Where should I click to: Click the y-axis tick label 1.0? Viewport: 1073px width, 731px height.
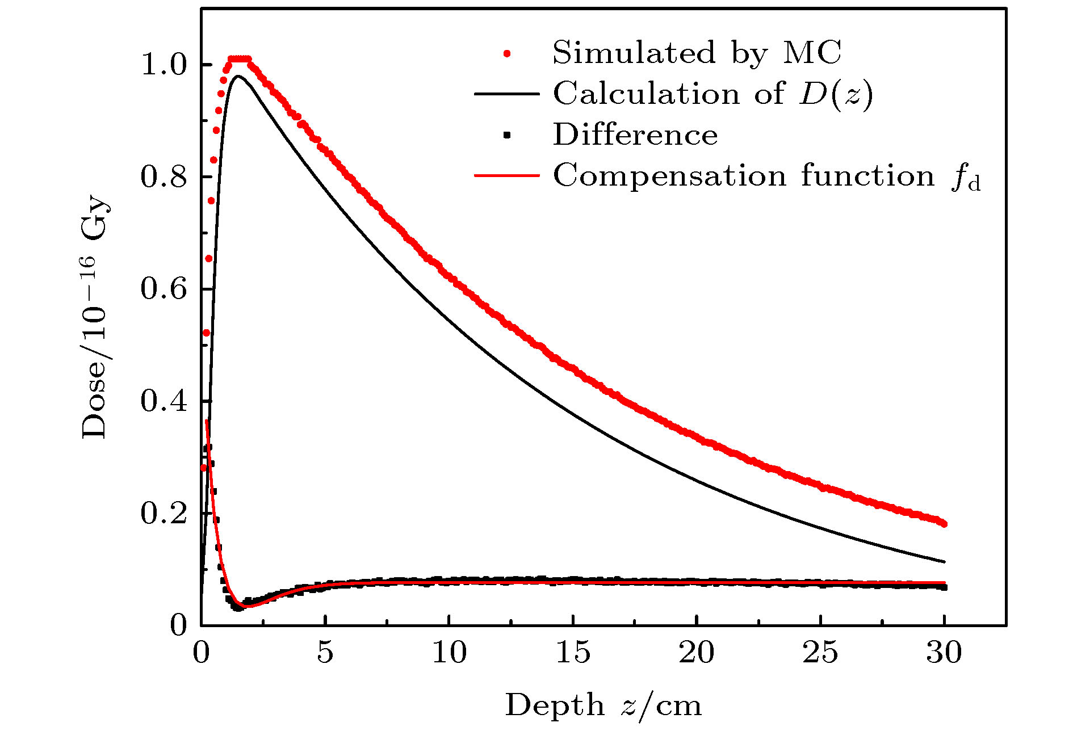tap(164, 65)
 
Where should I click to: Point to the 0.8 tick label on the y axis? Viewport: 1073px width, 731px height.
tap(164, 177)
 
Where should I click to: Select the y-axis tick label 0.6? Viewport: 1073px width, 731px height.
tap(164, 289)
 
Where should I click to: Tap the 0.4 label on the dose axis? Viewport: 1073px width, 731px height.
tap(164, 401)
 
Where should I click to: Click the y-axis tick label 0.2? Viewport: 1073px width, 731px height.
tap(164, 514)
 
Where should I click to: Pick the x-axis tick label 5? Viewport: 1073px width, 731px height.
tap(325, 653)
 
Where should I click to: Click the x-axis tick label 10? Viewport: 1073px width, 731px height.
tap(449, 653)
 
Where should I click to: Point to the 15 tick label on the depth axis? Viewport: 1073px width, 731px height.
tap(572, 653)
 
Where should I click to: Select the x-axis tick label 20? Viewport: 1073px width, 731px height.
tap(696, 653)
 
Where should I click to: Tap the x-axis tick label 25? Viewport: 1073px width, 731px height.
tap(820, 653)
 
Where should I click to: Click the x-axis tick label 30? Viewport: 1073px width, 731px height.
tap(944, 653)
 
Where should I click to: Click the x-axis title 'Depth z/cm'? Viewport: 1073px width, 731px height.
tap(603, 706)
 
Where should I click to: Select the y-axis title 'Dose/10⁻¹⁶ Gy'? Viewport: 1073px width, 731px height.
tap(95, 318)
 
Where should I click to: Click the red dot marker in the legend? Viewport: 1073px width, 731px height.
tap(507, 53)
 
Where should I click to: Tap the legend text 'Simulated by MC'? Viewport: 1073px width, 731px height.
tap(697, 53)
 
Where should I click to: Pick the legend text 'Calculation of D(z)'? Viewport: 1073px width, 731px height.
tap(712, 94)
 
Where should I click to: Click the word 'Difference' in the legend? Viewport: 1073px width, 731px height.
tap(635, 135)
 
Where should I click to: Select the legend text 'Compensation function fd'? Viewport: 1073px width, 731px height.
tap(766, 176)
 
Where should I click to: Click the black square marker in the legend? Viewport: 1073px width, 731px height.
tap(507, 136)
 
